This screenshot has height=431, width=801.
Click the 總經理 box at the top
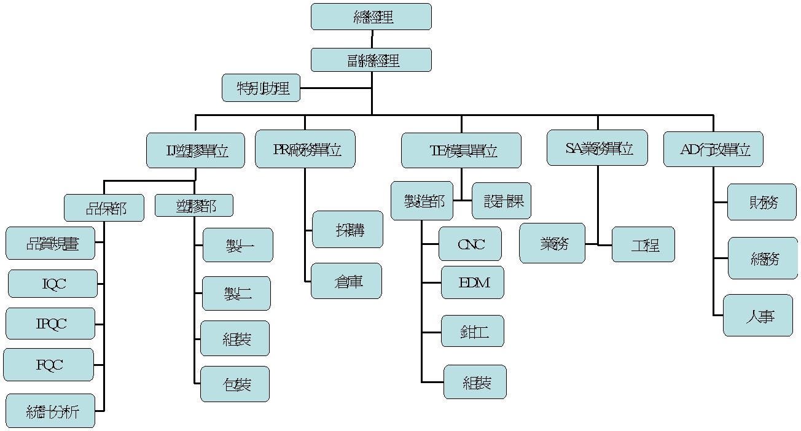point(371,17)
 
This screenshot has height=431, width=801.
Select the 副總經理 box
point(371,60)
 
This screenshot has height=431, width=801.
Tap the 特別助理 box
point(261,88)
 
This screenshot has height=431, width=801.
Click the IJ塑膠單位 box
point(196,150)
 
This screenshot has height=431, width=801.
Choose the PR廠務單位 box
point(305,149)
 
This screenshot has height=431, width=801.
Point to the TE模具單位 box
point(461,150)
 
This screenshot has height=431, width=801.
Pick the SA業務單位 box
point(597,147)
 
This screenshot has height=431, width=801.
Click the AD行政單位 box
point(713,149)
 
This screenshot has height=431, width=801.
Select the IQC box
point(53,284)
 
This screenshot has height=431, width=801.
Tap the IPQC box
point(50,324)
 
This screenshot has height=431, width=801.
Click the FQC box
point(49,365)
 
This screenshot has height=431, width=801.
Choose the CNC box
point(470,244)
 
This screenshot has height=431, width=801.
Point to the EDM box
point(472,282)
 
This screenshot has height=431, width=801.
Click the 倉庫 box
point(346,281)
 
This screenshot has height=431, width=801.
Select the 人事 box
point(758,316)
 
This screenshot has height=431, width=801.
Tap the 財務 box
point(762,202)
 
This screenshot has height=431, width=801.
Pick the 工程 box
point(643,244)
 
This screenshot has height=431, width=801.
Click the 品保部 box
point(104,208)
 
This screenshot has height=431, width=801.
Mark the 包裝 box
point(235,384)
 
